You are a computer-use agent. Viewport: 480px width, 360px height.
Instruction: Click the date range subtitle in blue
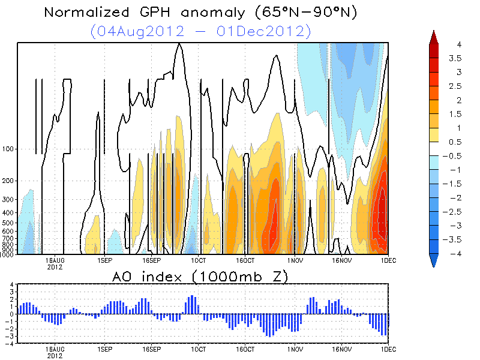(x=200, y=31)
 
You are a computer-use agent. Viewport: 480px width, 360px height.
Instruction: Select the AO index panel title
(x=200, y=277)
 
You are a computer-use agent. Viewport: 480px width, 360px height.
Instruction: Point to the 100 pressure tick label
(x=8, y=149)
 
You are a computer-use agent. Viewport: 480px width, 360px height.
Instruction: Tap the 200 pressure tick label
(x=8, y=181)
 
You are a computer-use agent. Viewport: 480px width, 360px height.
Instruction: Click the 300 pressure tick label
(x=8, y=199)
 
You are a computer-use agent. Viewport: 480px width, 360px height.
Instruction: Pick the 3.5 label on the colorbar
(x=458, y=58)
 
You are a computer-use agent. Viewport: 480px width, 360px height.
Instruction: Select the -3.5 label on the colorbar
(x=459, y=239)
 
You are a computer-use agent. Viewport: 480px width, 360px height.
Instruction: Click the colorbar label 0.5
(x=458, y=142)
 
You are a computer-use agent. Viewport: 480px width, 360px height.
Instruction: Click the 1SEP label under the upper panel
(x=104, y=260)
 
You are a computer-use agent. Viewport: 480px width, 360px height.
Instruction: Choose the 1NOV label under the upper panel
(x=295, y=260)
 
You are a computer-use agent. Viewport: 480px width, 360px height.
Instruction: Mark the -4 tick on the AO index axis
(x=11, y=344)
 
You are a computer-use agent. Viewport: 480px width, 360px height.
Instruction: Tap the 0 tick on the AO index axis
(x=12, y=314)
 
